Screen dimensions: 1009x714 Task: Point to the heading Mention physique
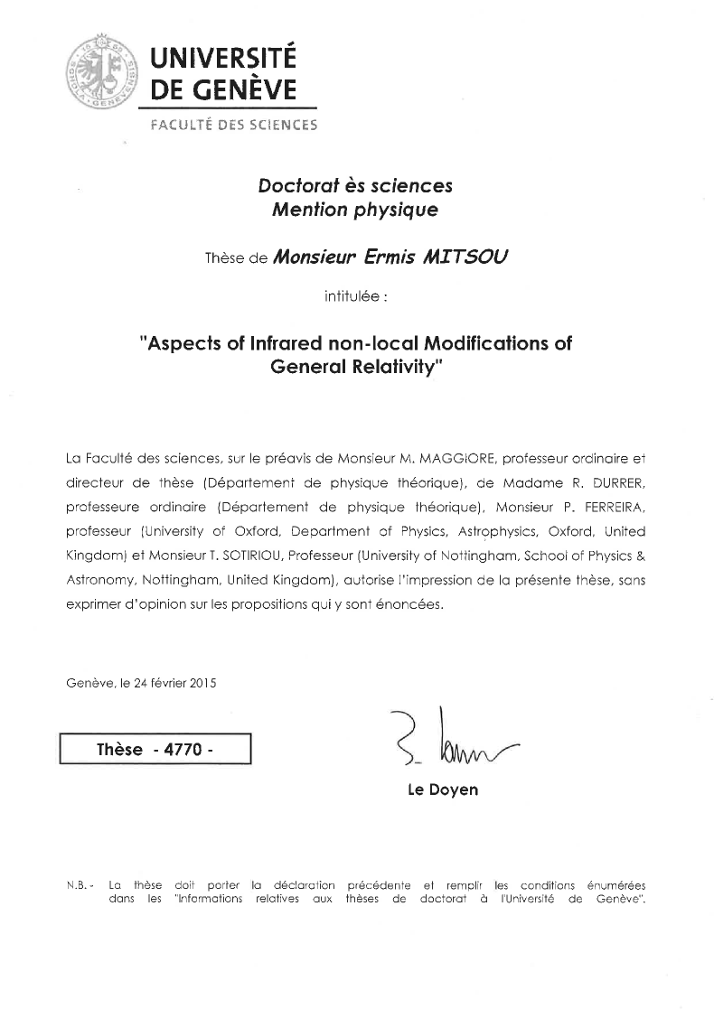point(355,210)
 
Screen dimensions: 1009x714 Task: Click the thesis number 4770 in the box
point(182,750)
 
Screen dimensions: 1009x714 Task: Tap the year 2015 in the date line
point(203,683)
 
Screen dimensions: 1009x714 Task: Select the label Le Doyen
point(443,789)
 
